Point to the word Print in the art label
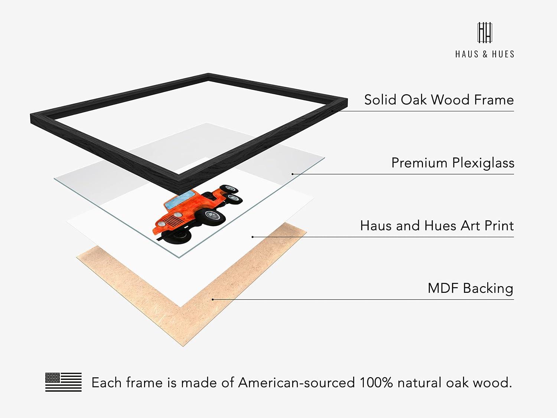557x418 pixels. (x=499, y=226)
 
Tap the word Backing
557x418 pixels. (x=488, y=289)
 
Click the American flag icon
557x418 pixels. (x=63, y=382)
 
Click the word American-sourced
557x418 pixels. (x=296, y=383)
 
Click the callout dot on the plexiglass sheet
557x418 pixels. (x=293, y=174)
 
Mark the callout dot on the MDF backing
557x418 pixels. (x=213, y=299)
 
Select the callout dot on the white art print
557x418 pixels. (x=253, y=237)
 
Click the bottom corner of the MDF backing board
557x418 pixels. (x=183, y=346)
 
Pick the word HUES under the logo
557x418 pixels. (x=503, y=54)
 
